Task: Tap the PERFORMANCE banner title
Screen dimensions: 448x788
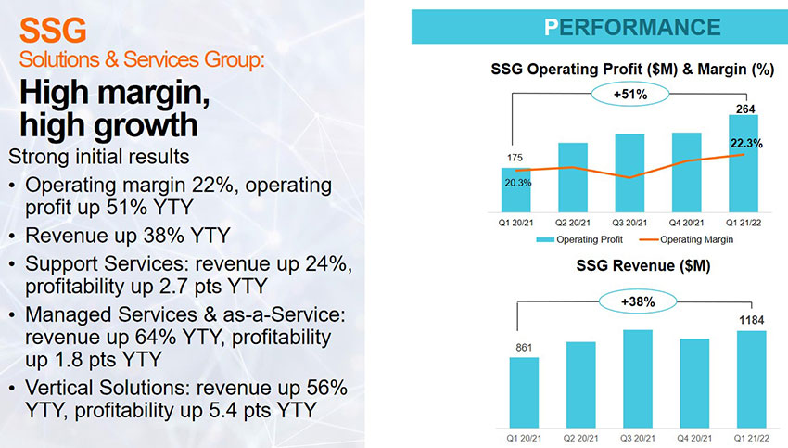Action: [x=632, y=26]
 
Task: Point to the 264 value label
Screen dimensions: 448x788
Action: [x=744, y=109]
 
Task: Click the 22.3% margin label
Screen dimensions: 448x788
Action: [x=746, y=143]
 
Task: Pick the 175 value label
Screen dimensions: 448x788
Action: [x=516, y=158]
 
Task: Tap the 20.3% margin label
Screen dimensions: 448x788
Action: [x=517, y=183]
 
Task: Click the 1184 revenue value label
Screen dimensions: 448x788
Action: [x=750, y=319]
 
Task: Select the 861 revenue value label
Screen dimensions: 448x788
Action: [x=524, y=347]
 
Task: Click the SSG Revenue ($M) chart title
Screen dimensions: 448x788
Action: [x=631, y=266]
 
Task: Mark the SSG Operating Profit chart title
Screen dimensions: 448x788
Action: [x=631, y=70]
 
